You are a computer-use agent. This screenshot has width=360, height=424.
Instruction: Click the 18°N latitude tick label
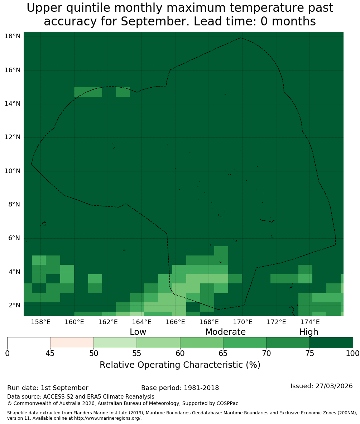[13, 36]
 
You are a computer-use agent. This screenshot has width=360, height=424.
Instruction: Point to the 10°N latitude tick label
[13, 171]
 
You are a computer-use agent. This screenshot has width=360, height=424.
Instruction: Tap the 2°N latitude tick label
[14, 305]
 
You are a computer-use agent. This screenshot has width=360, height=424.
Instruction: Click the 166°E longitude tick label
[175, 322]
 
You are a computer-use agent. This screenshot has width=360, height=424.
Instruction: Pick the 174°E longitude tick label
[310, 322]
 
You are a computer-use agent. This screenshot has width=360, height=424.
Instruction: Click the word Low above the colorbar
[138, 332]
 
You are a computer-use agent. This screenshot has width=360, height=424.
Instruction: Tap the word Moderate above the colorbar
[225, 332]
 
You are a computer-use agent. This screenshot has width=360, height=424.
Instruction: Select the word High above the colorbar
[308, 332]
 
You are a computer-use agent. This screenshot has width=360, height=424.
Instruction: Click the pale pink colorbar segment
[72, 343]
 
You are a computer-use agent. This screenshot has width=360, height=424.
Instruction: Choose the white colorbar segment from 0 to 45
[29, 343]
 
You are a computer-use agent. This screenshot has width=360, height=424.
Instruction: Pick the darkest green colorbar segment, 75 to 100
[331, 343]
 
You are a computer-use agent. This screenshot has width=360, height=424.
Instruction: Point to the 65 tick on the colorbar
[223, 354]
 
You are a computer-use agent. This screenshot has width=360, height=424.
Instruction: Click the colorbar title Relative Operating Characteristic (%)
[180, 365]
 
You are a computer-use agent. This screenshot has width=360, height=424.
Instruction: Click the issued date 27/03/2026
[334, 386]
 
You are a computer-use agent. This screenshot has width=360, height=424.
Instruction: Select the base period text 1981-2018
[201, 388]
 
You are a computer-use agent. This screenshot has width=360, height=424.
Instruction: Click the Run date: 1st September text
[48, 388]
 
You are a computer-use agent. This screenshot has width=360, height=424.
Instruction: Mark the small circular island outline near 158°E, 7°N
[44, 223]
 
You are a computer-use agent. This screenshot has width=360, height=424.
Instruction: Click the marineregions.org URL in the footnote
[107, 418]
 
